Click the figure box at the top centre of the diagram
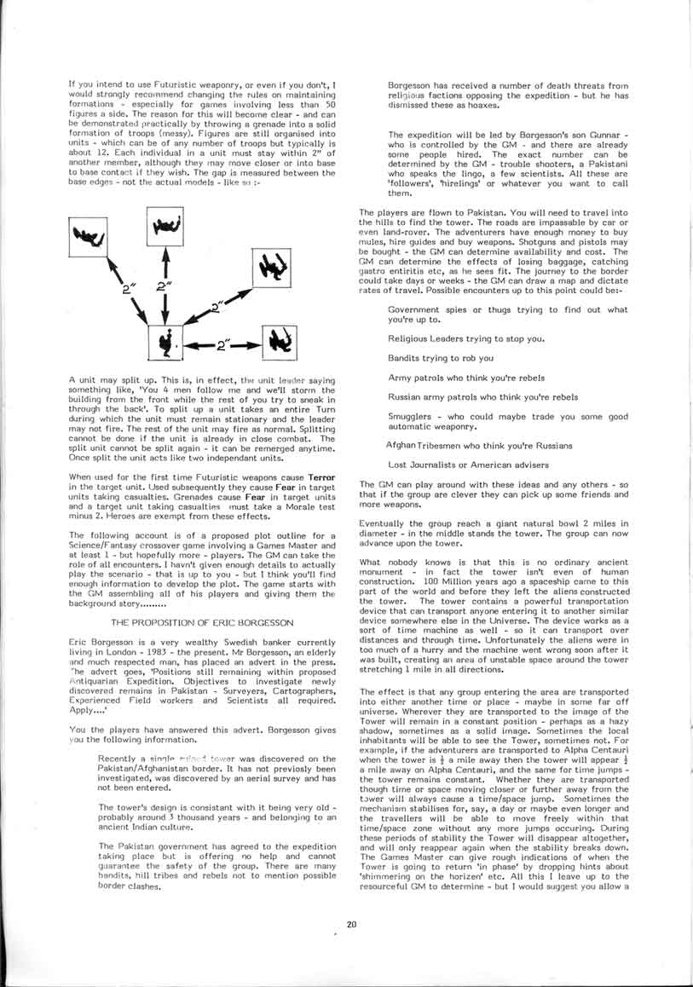tap(166, 224)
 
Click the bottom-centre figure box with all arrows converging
tap(165, 343)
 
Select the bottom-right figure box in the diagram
tap(282, 343)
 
